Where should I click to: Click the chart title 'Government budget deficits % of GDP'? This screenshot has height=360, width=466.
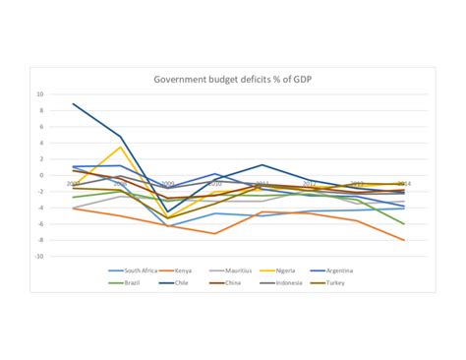[x=233, y=80]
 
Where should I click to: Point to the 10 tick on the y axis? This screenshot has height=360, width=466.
[x=40, y=94]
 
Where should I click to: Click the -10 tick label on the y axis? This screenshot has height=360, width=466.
[x=39, y=256]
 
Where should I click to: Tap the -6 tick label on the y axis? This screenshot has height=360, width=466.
[x=40, y=223]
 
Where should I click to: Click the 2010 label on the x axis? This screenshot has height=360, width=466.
[x=214, y=184]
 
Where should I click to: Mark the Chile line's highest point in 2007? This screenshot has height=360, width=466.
[x=73, y=104]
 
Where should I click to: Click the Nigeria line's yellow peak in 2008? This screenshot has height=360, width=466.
[x=120, y=148]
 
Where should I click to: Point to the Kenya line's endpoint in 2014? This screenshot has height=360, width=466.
[x=404, y=239]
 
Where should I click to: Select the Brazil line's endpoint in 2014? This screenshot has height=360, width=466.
[x=404, y=224]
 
